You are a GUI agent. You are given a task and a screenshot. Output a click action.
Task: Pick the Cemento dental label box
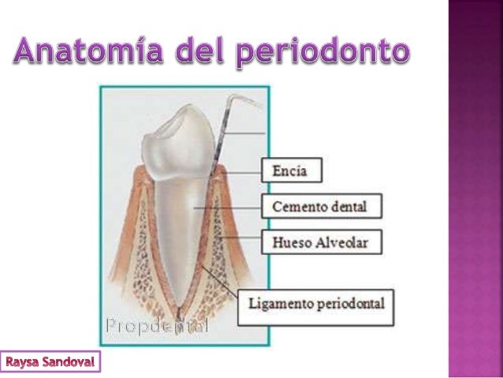[322, 207]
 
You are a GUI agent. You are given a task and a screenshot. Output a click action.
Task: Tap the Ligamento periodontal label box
[316, 302]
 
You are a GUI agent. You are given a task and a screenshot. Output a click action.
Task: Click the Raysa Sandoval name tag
[51, 363]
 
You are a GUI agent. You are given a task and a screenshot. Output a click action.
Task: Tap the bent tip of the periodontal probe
[236, 99]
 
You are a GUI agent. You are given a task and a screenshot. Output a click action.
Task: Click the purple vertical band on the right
[475, 189]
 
